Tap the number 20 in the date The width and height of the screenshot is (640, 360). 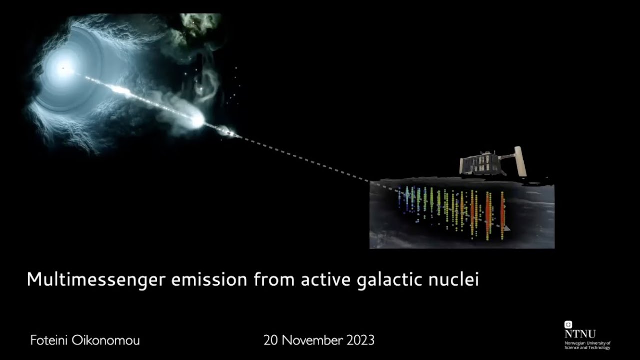click(x=271, y=341)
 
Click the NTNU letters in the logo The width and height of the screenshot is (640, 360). click(x=580, y=334)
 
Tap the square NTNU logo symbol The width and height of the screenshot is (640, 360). click(x=568, y=325)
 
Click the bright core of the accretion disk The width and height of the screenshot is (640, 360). click(x=63, y=68)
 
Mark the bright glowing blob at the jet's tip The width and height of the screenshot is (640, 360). click(x=197, y=121)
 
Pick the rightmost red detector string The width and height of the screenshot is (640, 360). click(x=502, y=216)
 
